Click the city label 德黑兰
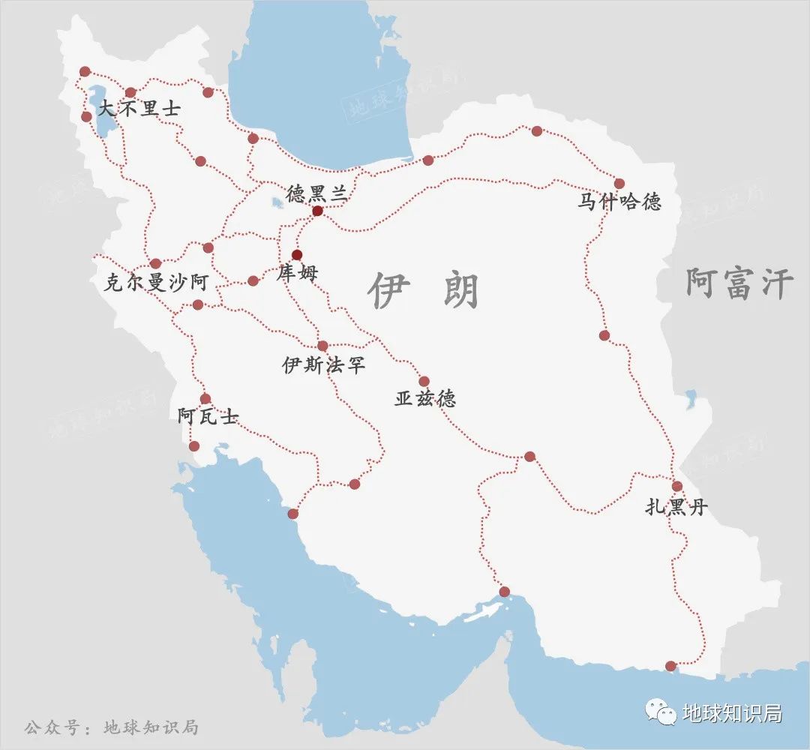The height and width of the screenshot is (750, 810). (x=316, y=193)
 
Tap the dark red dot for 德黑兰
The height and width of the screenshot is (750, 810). (x=317, y=211)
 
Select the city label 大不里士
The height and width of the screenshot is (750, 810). (x=140, y=109)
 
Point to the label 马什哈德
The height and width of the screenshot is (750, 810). (x=619, y=202)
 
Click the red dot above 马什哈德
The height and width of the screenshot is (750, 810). (x=619, y=183)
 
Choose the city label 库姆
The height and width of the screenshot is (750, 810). (x=297, y=273)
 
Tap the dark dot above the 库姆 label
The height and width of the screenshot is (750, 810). (x=297, y=254)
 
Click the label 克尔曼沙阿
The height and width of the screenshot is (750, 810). (x=156, y=283)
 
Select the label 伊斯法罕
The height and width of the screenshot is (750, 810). (x=323, y=365)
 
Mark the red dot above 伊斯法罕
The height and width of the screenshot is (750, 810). (x=323, y=346)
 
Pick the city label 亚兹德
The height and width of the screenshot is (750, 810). (x=425, y=399)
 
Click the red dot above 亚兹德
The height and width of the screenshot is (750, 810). (x=424, y=381)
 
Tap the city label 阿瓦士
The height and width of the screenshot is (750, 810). (x=208, y=417)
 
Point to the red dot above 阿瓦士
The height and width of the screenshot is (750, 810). (x=205, y=399)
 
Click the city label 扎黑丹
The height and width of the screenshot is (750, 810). (x=676, y=508)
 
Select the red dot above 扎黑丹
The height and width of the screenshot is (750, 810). (x=676, y=486)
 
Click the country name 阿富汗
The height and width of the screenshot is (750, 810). (x=739, y=285)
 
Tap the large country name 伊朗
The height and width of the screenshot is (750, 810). (x=424, y=291)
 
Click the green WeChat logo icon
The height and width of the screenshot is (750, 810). (x=661, y=713)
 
